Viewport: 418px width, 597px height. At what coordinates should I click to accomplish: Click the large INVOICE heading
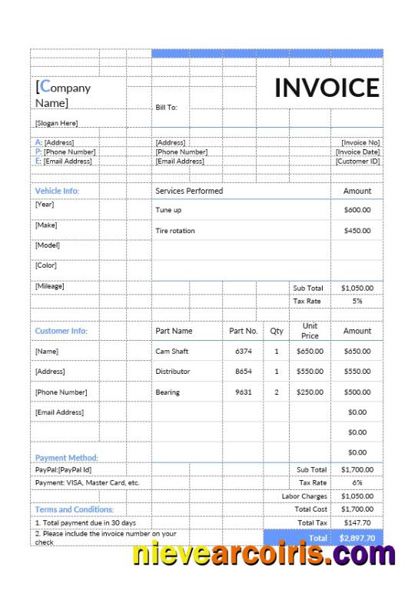pos(327,88)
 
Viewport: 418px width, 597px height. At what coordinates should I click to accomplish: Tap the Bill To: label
pos(166,108)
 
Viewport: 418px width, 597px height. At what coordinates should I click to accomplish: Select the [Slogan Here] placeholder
pos(56,123)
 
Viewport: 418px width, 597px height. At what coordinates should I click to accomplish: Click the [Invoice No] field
pos(360,142)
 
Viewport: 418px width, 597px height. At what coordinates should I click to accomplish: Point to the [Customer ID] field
pos(358,162)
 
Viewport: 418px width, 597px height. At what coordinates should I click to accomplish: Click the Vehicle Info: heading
pos(57,191)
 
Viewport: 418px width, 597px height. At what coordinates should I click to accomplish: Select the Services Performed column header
pos(189,191)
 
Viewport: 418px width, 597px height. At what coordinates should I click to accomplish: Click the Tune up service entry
pos(168,210)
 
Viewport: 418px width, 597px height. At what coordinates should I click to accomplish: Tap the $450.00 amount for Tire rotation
pos(357,231)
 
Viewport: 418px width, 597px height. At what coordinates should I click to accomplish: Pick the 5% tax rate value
pos(357,301)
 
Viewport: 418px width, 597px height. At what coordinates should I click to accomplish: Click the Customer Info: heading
pos(61,331)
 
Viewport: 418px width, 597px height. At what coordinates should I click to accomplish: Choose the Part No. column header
pos(244,331)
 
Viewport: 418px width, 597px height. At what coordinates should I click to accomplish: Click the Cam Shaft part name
pos(171,351)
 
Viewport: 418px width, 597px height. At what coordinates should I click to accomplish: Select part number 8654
pos(244,371)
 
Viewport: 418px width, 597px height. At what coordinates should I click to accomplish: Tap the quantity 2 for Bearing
pos(277,392)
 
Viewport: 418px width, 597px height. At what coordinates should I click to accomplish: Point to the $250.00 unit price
pos(310,392)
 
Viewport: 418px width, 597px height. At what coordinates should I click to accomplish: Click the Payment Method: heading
pos(67,458)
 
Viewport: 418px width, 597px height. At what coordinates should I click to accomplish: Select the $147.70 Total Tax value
pos(357,522)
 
